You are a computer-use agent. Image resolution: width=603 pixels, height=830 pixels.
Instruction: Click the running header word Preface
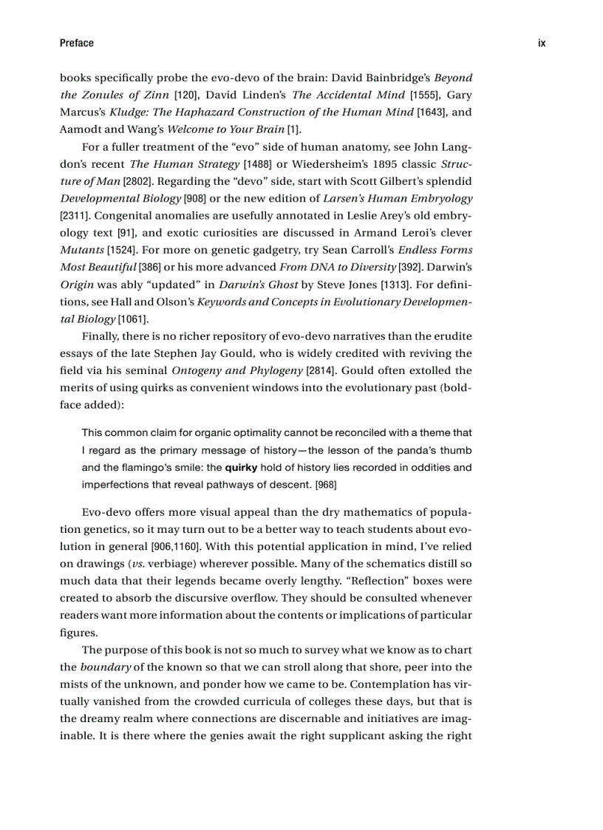pos(76,43)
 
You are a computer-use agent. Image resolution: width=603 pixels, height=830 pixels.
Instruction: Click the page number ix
pos(542,43)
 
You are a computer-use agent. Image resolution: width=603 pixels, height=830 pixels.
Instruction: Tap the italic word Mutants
pos(82,251)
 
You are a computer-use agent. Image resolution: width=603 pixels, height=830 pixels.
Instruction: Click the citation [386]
pos(150,268)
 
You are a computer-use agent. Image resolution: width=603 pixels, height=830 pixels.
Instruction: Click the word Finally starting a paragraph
pos(100,336)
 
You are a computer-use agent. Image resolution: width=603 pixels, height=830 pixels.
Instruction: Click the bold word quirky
pos(241,468)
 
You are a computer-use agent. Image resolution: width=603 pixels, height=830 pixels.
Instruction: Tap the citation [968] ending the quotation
pos(326,486)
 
